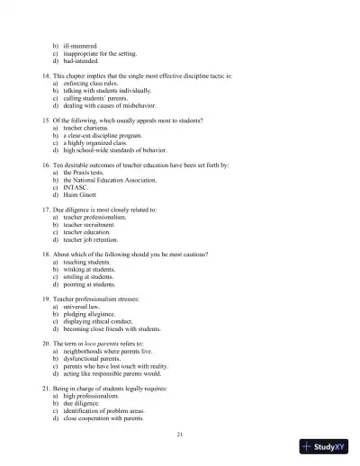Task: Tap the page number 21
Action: coord(180,435)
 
